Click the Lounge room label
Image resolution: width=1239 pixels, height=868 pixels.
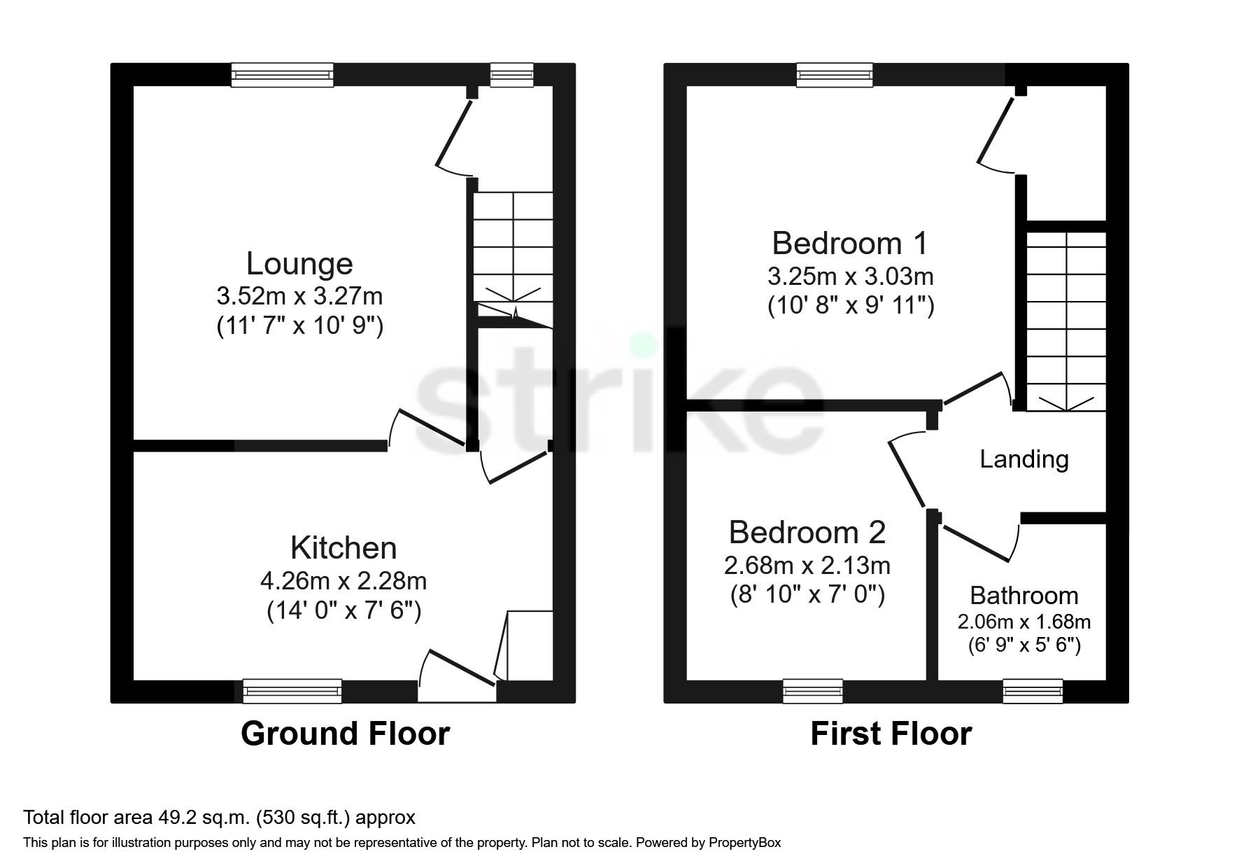tap(299, 264)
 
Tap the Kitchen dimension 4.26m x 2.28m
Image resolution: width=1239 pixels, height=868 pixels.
tap(343, 581)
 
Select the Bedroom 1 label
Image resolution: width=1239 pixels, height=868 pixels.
tap(849, 244)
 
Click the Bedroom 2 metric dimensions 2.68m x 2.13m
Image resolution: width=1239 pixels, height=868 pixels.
tap(807, 564)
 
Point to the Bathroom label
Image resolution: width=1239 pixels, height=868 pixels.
tap(1024, 596)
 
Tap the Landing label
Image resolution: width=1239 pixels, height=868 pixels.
tap(1024, 459)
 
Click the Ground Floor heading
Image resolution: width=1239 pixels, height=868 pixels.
tap(345, 734)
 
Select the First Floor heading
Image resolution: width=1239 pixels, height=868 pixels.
tap(891, 734)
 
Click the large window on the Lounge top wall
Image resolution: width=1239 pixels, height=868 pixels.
tap(282, 75)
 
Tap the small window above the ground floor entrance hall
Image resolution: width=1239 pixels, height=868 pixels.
tap(511, 75)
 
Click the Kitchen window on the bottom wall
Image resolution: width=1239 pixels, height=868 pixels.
tap(292, 692)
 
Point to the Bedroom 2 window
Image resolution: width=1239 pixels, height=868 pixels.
tap(813, 692)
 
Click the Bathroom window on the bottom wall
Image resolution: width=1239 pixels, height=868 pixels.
tap(1033, 692)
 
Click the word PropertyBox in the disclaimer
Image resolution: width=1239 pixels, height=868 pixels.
tap(744, 843)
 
